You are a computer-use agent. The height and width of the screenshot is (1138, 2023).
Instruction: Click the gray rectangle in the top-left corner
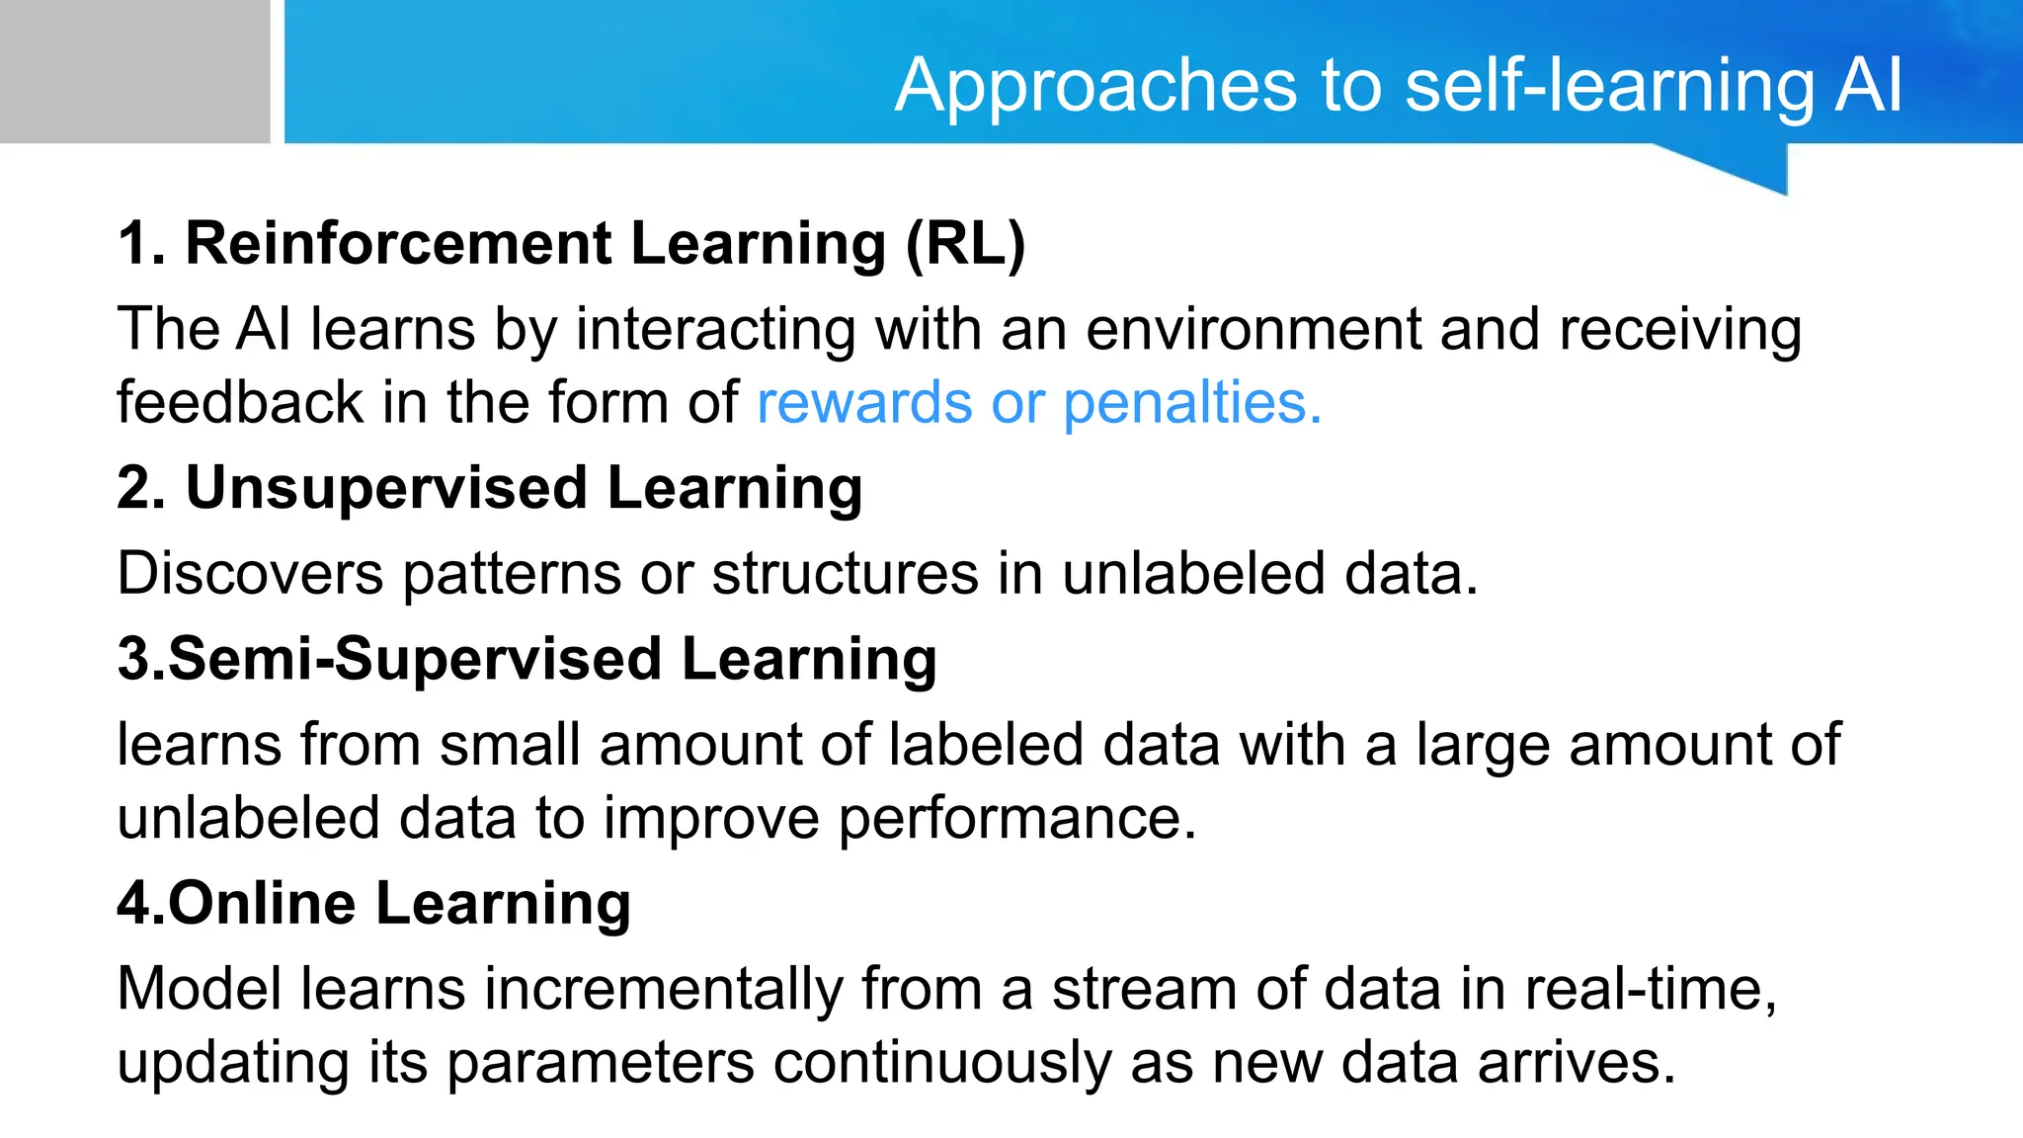click(x=134, y=71)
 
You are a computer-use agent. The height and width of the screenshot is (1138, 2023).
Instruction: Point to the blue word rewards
click(x=864, y=403)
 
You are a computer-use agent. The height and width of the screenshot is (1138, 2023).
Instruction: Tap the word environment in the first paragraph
click(x=1253, y=329)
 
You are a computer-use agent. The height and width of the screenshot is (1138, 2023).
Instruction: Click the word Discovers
click(x=250, y=573)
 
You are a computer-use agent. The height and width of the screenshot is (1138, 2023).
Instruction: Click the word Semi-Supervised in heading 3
click(x=415, y=659)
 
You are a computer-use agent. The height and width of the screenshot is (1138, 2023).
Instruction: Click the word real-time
click(x=1650, y=989)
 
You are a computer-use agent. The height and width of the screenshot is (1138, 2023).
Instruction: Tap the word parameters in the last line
click(x=601, y=1065)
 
